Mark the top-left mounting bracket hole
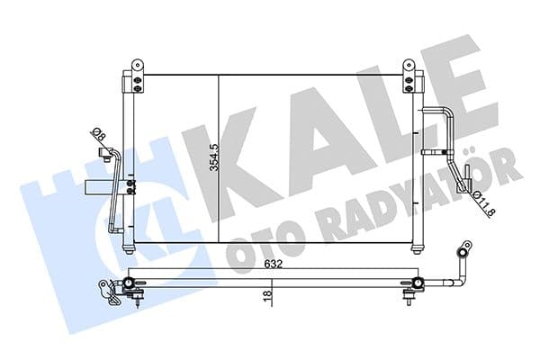click(x=138, y=66)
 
